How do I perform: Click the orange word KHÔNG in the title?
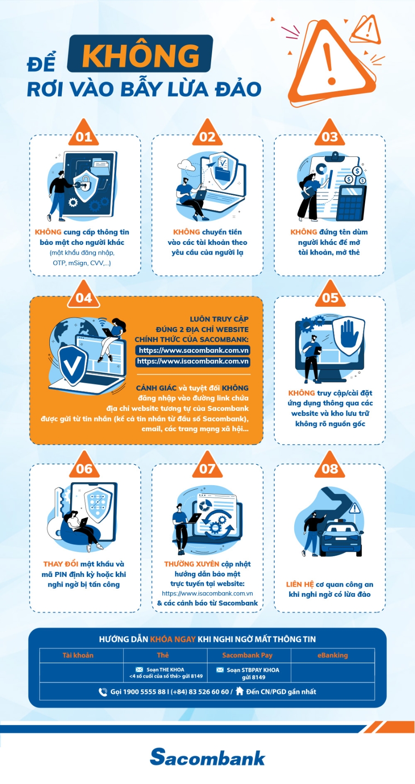pos(141,54)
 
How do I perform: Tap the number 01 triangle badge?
pos(83,133)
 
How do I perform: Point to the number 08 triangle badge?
pos(330,465)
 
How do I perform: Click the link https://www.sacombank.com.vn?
pos(194,350)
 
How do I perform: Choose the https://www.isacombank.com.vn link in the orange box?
pos(193,362)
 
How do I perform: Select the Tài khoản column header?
pos(78,655)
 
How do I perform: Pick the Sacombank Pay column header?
pos(248,655)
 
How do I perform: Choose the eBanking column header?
pos(332,655)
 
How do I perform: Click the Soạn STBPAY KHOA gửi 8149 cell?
pos(249,673)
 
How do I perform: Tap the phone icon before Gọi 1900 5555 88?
pos(103,692)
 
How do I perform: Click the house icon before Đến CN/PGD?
pos(239,691)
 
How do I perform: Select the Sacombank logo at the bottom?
pos(207,757)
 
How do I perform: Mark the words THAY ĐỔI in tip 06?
pos(61,564)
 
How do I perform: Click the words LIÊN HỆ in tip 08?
pos(300,584)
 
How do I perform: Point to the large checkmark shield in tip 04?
pos(73,365)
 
